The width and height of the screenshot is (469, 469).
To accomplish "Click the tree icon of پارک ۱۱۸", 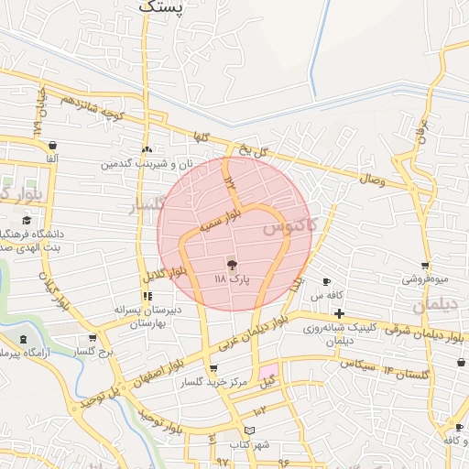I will [231, 264].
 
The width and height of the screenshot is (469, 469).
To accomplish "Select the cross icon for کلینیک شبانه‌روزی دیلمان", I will [339, 314].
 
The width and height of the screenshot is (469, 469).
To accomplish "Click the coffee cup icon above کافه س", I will [327, 282].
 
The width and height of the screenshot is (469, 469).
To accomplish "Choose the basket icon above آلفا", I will [52, 146].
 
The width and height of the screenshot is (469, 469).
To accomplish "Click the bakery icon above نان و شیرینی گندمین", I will [147, 150].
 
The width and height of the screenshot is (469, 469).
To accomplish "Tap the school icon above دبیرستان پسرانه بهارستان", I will [147, 296].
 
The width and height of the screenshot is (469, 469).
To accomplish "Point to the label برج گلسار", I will [93, 352].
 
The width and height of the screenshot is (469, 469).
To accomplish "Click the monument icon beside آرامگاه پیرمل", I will [24, 341].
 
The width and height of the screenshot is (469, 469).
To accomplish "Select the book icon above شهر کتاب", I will [249, 431].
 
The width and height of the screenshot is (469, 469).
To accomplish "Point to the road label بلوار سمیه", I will [223, 220].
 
